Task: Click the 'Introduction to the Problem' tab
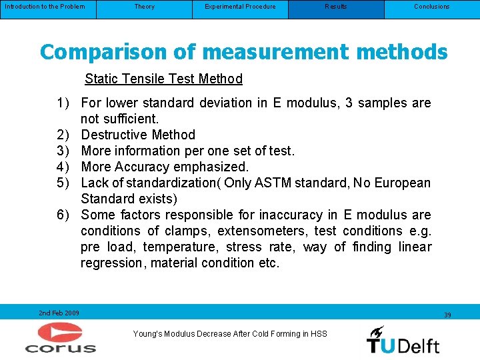point(45,7)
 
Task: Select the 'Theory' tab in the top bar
point(144,7)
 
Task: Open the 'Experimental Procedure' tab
point(240,7)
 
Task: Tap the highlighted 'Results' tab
point(336,7)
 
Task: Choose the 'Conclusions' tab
point(431,7)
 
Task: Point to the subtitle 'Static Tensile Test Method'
point(163,79)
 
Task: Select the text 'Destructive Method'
point(138,135)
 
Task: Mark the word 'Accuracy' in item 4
point(146,167)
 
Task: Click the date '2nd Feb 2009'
point(59,313)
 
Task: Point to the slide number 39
point(447,315)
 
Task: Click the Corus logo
point(60,337)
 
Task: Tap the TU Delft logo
point(403,339)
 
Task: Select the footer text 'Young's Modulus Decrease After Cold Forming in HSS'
point(230,333)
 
